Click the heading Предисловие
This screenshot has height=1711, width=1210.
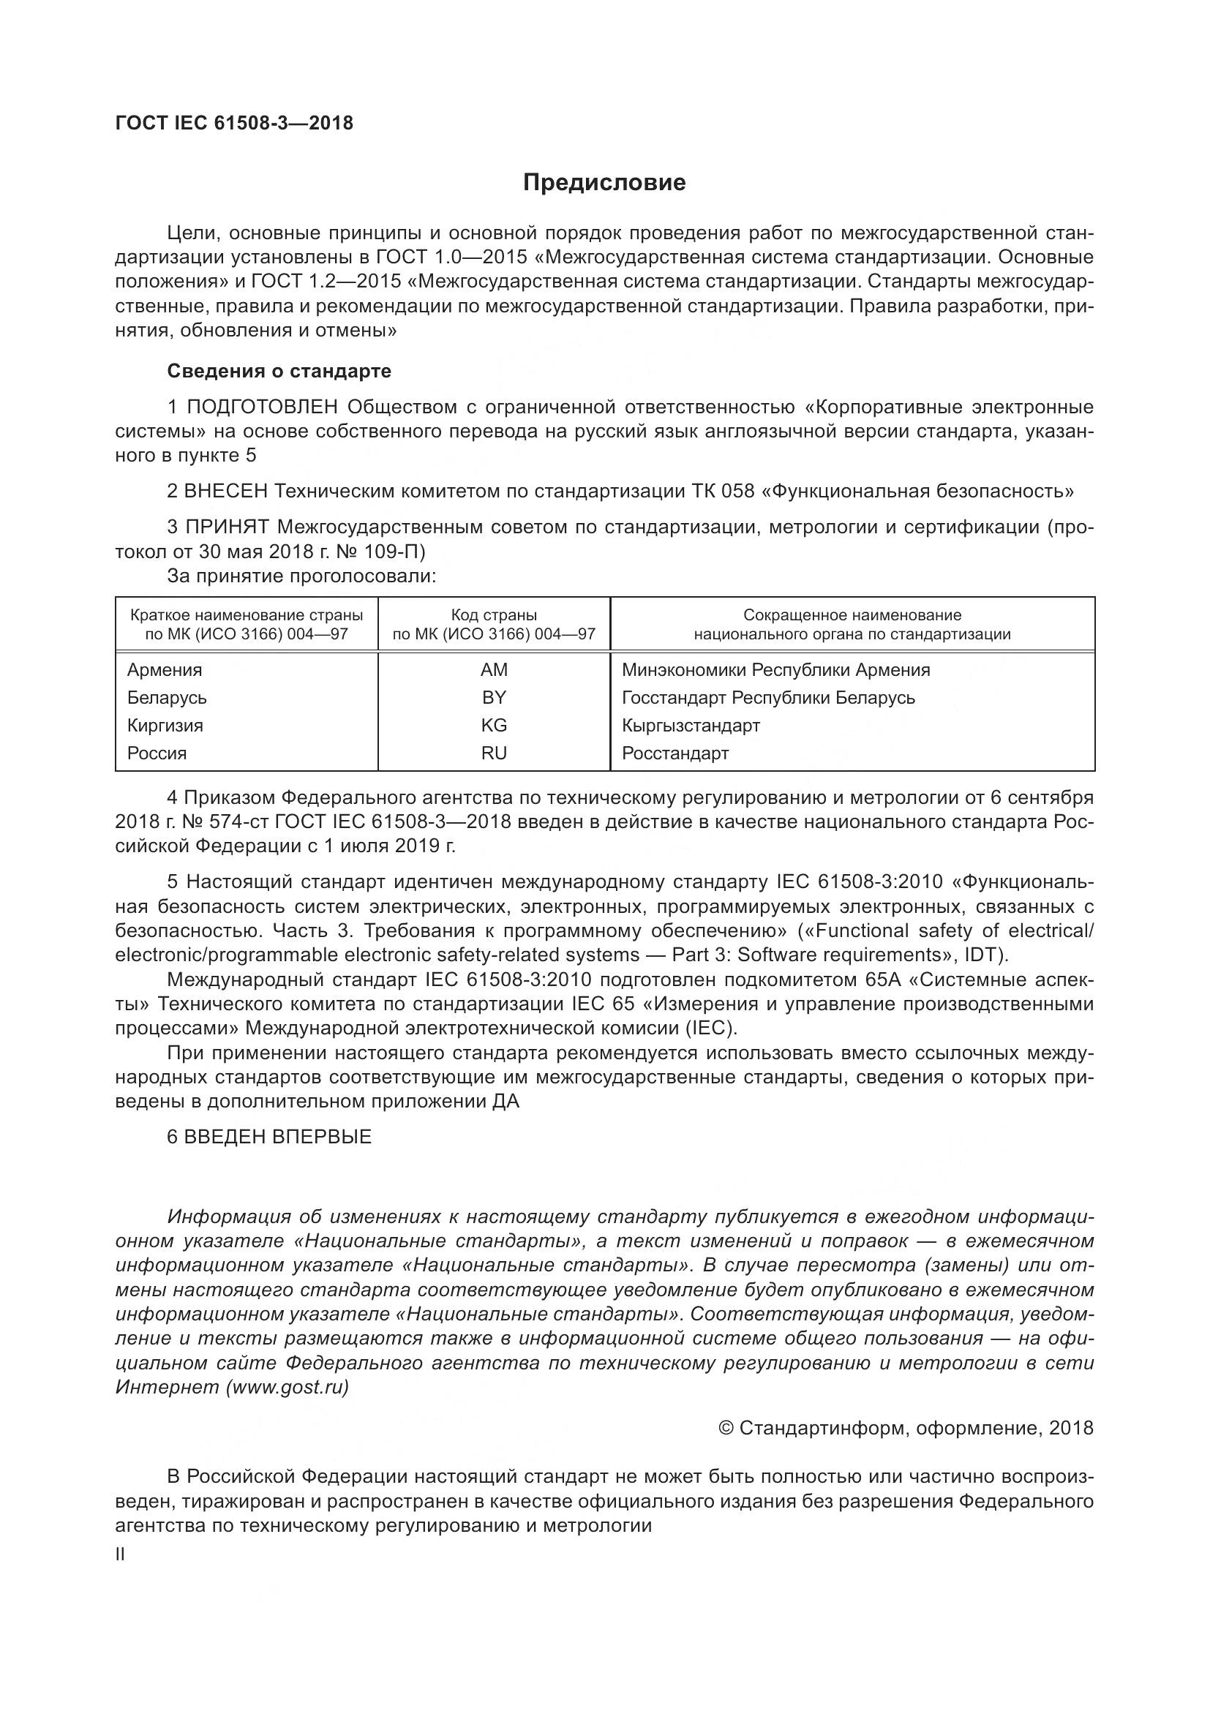pos(604,183)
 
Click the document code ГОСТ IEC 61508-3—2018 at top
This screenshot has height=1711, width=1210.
pos(235,123)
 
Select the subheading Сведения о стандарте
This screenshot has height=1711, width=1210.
pos(279,371)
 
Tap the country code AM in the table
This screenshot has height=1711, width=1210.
pos(493,670)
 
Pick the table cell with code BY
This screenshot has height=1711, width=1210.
pos(493,698)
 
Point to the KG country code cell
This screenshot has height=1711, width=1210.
pos(493,725)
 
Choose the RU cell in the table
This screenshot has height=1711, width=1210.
pos(493,753)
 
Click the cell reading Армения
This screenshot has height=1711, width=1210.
pos(165,670)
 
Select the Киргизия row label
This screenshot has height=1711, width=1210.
pos(165,725)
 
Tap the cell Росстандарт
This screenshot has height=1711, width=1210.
pos(675,753)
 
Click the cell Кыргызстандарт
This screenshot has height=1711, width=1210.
pos(691,725)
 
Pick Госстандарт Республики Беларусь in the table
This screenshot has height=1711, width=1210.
pos(768,698)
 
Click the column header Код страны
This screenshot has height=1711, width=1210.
pos(493,614)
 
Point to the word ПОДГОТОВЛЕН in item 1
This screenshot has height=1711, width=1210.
pos(263,407)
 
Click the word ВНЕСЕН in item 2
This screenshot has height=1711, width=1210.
pos(226,491)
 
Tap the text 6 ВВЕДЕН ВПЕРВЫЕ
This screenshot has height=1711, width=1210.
pos(269,1137)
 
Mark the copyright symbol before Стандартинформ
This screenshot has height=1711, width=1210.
pos(726,1428)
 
